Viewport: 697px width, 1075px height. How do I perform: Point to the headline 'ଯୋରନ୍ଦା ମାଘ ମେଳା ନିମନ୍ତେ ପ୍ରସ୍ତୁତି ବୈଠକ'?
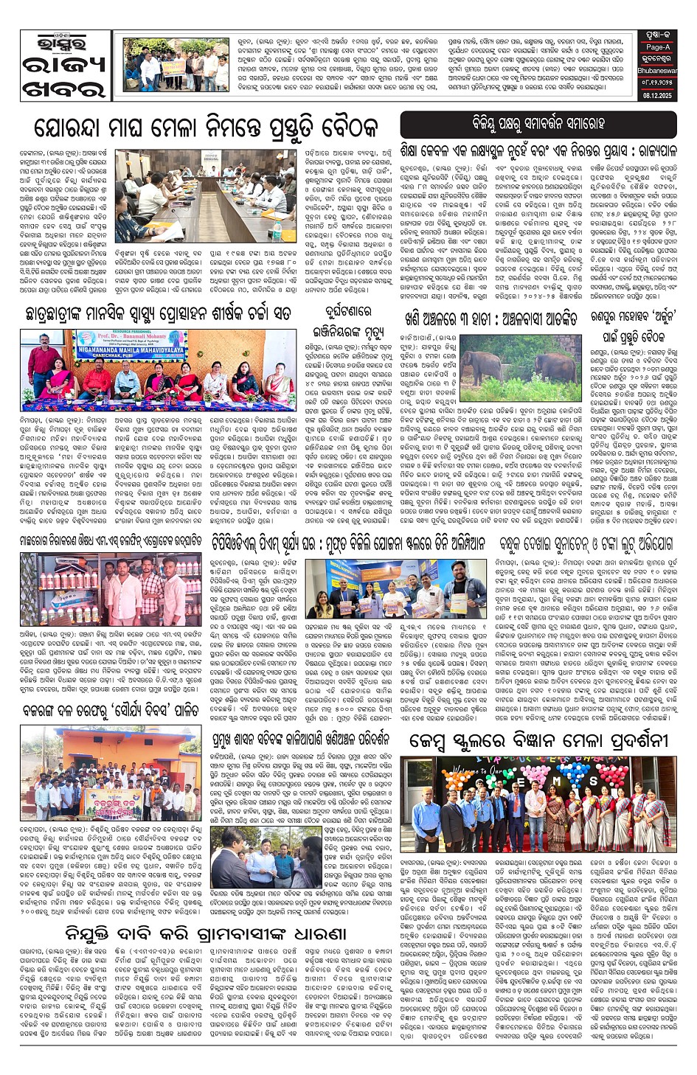[x=207, y=127]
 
